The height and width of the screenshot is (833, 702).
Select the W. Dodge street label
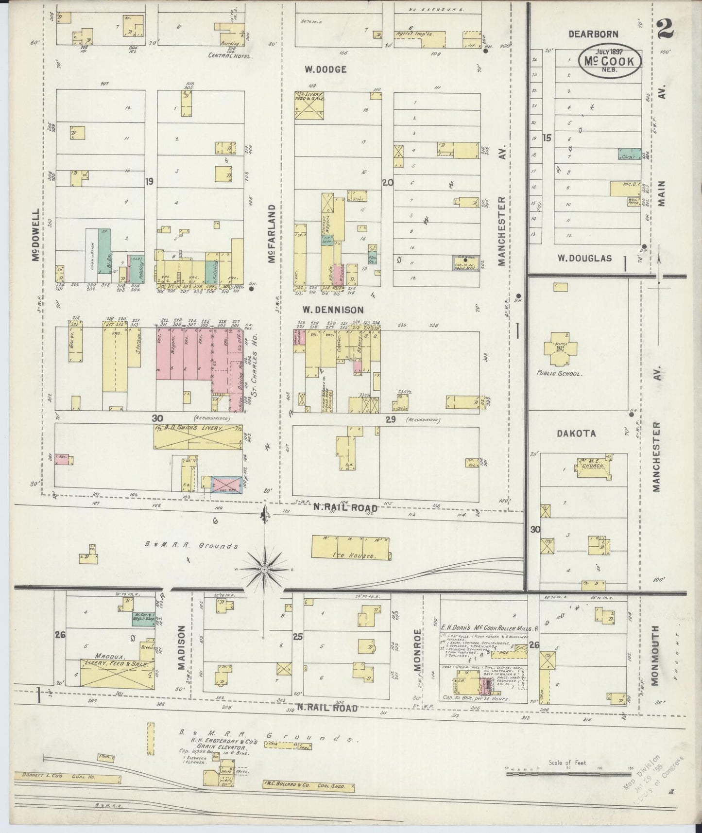325,69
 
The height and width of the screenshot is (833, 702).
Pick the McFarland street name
272,234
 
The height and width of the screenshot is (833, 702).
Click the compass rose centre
263,569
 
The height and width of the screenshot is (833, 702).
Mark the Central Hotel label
230,56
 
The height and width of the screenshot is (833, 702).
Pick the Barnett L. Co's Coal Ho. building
65,778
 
